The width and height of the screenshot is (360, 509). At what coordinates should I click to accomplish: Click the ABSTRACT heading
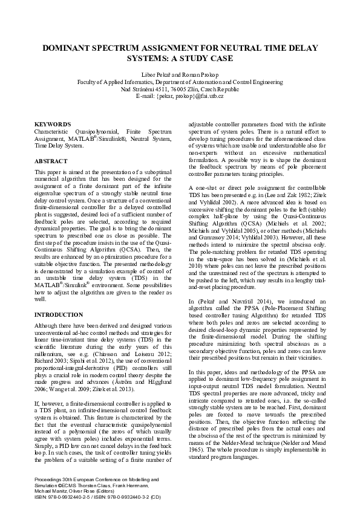click(x=48, y=162)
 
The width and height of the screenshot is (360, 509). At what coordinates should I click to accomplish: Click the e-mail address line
click(x=180, y=96)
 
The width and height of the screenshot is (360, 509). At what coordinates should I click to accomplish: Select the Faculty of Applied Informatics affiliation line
click(x=180, y=81)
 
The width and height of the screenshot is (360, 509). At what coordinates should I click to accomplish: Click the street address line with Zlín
click(x=180, y=89)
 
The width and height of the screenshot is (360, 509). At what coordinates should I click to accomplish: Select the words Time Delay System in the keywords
click(x=59, y=146)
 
